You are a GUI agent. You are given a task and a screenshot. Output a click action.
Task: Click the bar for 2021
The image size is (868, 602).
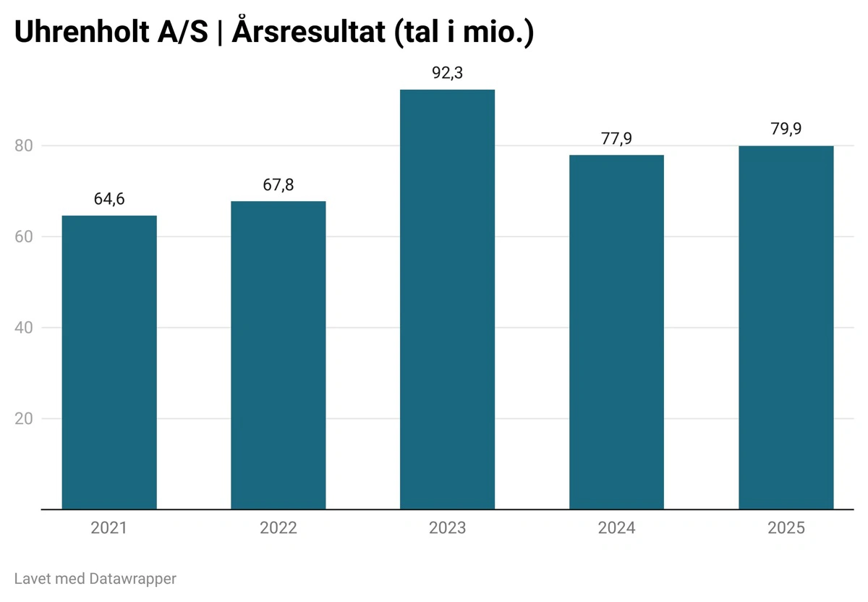109,362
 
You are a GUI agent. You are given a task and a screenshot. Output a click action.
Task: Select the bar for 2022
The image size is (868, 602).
278,355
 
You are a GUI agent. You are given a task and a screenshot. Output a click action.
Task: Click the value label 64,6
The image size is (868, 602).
109,199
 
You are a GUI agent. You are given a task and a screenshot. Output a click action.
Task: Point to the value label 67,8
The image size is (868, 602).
278,185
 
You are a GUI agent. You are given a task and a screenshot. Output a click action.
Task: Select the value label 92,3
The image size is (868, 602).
448,73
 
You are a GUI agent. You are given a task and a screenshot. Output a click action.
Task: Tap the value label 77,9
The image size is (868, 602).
616,138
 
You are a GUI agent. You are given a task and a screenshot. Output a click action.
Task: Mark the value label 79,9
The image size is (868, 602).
786,130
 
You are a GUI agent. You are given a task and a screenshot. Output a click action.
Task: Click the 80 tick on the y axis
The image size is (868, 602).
25,145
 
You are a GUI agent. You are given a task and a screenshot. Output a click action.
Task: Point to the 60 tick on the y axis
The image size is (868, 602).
25,237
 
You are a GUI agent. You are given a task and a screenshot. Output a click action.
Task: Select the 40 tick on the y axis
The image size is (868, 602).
25,328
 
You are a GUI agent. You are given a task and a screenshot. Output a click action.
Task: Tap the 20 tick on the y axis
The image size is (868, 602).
25,419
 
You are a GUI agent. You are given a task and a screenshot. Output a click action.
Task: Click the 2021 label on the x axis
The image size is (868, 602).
109,528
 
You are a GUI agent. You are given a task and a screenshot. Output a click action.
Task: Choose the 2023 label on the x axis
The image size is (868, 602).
448,528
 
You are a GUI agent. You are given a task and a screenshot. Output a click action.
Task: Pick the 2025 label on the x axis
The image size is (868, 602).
786,528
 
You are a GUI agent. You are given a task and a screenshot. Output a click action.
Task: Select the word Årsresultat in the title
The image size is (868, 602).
309,33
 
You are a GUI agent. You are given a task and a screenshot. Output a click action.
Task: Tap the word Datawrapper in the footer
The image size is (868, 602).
133,579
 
